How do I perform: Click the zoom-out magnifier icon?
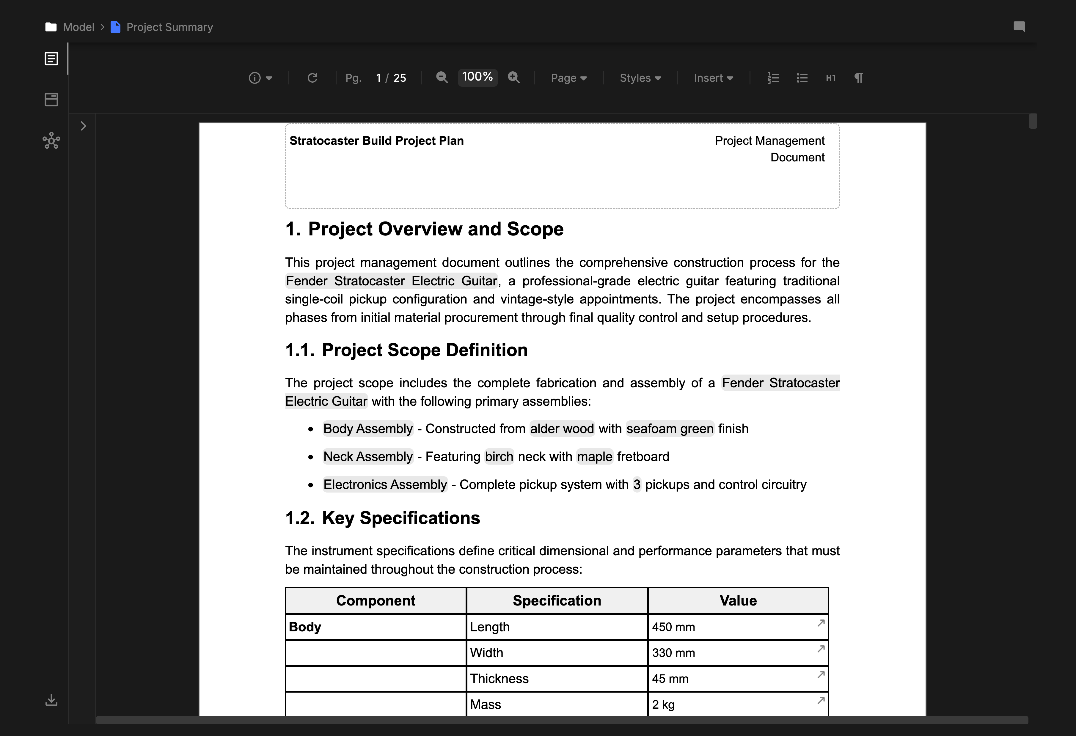[442, 78]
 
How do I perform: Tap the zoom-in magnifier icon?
[513, 78]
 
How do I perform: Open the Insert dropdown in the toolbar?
[713, 78]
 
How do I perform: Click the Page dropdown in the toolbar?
[568, 78]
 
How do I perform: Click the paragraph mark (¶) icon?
[858, 78]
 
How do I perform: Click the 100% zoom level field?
[477, 77]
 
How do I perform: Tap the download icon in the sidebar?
[51, 700]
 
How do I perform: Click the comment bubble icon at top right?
[1019, 27]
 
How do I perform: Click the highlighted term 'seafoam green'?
[670, 429]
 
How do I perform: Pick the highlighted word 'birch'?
[499, 456]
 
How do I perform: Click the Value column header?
[738, 600]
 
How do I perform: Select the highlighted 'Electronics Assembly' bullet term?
[385, 485]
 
